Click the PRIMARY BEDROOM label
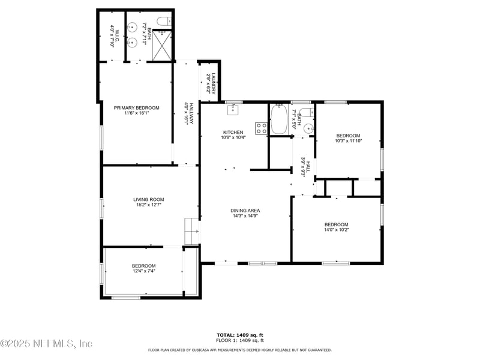coord(137,108)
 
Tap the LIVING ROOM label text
coord(148,200)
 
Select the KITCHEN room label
coord(233,132)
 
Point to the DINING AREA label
coord(245,211)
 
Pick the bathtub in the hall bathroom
coord(279,119)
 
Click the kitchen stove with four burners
coord(262,128)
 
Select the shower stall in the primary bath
coord(162,45)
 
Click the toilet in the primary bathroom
coord(163,22)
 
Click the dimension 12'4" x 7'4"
coord(143,271)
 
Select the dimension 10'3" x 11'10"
coord(348,141)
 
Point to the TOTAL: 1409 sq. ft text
coord(239,335)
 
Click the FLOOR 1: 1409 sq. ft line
coord(239,340)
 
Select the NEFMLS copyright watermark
coord(47,344)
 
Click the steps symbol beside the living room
coord(191,231)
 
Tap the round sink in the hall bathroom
coord(308,128)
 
